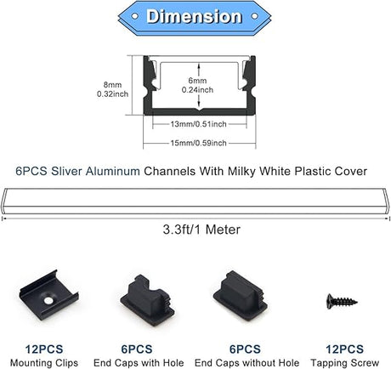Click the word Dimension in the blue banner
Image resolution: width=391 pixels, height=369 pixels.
tap(194, 16)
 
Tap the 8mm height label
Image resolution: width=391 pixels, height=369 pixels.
tap(112, 84)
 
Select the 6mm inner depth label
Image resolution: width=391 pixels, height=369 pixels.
tap(197, 81)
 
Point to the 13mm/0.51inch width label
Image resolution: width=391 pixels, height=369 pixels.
tap(198, 124)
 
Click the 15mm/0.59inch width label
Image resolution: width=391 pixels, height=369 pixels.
tap(198, 143)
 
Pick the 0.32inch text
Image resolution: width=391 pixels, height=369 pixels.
tap(112, 94)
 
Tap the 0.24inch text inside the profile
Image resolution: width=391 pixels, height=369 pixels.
tap(197, 90)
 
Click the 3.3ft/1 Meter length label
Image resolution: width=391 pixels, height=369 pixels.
tap(201, 230)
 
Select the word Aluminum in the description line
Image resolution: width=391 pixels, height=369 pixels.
tap(113, 171)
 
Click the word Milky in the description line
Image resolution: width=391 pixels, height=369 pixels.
tap(242, 171)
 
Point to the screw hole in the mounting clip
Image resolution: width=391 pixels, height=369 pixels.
tap(48, 300)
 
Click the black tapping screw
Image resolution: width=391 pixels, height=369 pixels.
tap(342, 302)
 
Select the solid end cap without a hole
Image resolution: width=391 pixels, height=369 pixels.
tap(241, 296)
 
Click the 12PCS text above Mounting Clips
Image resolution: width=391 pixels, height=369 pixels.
tap(44, 349)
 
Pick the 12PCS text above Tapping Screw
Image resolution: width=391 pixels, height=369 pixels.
tap(344, 349)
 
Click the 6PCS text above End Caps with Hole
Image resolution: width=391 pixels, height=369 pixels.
tap(137, 349)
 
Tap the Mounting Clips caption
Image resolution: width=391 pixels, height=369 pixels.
tap(44, 363)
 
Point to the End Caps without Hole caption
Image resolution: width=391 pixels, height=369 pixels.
tap(246, 363)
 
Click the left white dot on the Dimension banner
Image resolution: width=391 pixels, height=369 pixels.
tap(135, 16)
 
